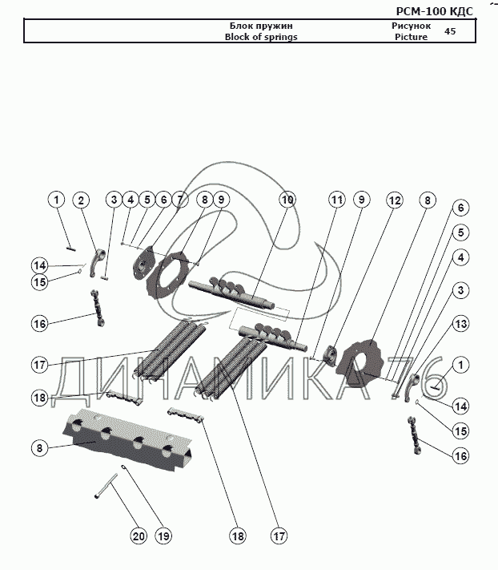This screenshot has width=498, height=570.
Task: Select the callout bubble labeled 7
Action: click(180, 200)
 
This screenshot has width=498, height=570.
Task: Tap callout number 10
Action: click(287, 200)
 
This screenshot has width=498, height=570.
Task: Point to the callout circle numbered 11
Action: click(337, 200)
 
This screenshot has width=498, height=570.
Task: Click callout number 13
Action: click(460, 324)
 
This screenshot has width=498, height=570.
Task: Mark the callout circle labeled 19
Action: click(164, 536)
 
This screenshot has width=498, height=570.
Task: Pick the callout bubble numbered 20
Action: click(139, 536)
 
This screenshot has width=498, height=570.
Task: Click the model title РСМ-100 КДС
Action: click(435, 10)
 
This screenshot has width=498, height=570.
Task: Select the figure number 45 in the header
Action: click(450, 31)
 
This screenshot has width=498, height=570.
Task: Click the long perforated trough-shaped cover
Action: click(132, 441)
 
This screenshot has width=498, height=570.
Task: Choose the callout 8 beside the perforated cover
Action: click(38, 448)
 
